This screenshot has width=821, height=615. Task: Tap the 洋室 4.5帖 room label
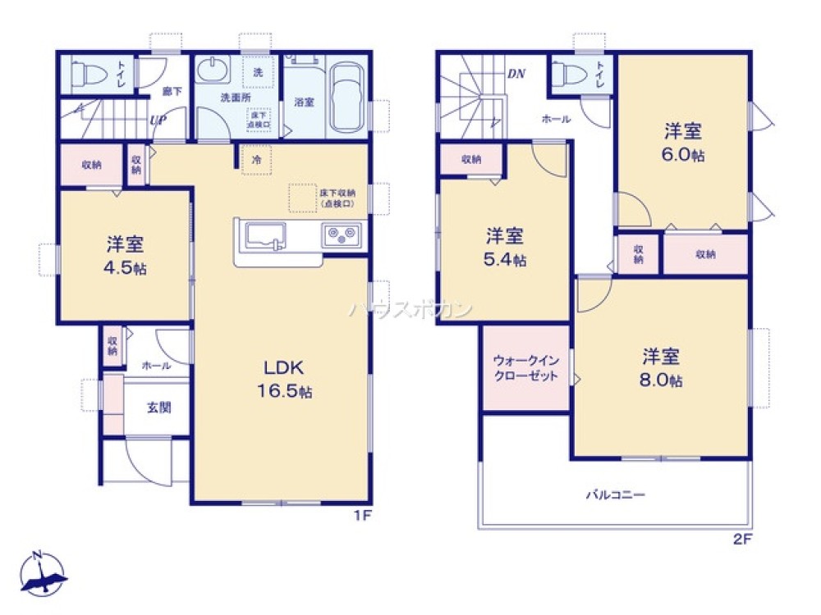pos(126,255)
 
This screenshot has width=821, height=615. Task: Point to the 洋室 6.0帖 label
pos(684,141)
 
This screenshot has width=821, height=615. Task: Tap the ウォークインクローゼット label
pos(525,367)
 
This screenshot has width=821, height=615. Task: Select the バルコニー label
pos(615,494)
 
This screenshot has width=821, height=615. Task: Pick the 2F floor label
pos(743,539)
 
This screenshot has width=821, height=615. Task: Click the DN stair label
pos(516,74)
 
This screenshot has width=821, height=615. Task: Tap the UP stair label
pos(158,120)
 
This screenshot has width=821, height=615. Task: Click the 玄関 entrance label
pos(158,407)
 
